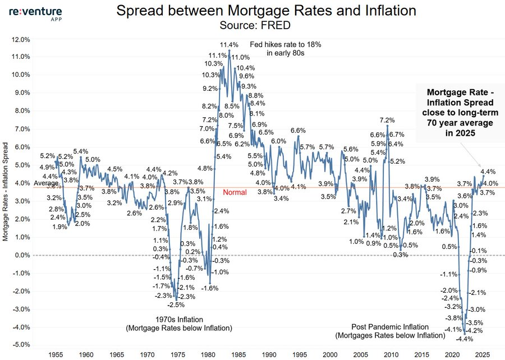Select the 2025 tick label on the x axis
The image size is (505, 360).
tap(481, 355)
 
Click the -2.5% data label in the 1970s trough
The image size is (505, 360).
tap(176, 304)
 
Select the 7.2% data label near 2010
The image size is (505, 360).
tap(387, 120)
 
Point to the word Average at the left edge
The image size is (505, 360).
tap(45, 183)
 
